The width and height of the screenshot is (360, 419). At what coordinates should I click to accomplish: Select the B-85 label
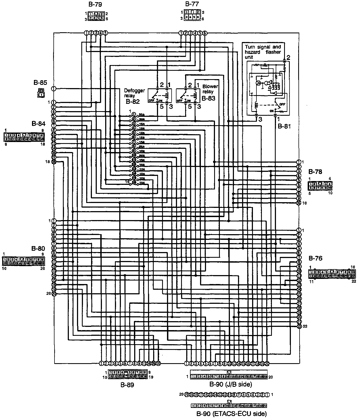click(x=40, y=82)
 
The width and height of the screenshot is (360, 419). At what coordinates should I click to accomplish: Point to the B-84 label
click(x=38, y=124)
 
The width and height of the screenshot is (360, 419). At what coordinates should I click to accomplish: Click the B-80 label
click(x=38, y=248)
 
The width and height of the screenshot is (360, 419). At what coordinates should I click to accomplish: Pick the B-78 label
click(x=315, y=172)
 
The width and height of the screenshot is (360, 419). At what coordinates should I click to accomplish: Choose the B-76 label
click(x=315, y=258)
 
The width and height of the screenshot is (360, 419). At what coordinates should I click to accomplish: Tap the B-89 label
click(x=127, y=385)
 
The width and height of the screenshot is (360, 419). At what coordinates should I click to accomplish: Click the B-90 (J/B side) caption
click(x=231, y=384)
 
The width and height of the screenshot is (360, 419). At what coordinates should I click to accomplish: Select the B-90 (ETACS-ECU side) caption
click(x=231, y=414)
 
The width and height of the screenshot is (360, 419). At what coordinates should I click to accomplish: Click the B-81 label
click(x=284, y=126)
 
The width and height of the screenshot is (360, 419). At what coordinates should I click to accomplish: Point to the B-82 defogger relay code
click(x=133, y=102)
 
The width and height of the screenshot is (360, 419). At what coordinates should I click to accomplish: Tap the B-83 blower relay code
click(x=208, y=98)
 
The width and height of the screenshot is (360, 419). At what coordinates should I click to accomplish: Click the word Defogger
click(x=134, y=91)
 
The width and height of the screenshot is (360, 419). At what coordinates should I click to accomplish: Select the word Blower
click(x=210, y=86)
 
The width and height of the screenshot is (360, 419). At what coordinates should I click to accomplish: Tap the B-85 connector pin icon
click(x=41, y=93)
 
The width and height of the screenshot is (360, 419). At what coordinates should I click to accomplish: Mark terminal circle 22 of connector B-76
click(x=299, y=326)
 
